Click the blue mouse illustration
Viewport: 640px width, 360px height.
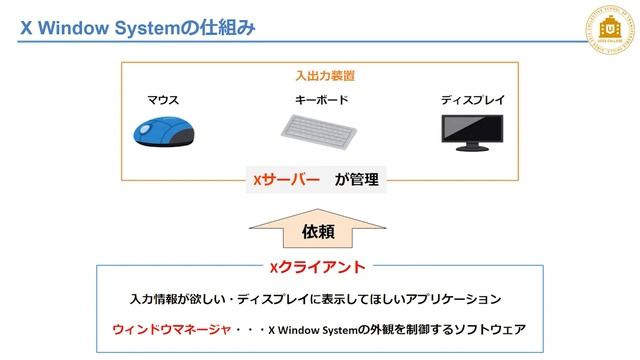pyautogui.click(x=163, y=130)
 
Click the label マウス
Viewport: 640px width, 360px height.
pyautogui.click(x=163, y=100)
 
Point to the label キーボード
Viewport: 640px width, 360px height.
pyautogui.click(x=321, y=100)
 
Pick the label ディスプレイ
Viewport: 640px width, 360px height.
pyautogui.click(x=473, y=100)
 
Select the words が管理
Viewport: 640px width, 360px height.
pyautogui.click(x=357, y=180)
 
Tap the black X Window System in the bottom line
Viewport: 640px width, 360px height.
pyautogui.click(x=313, y=329)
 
